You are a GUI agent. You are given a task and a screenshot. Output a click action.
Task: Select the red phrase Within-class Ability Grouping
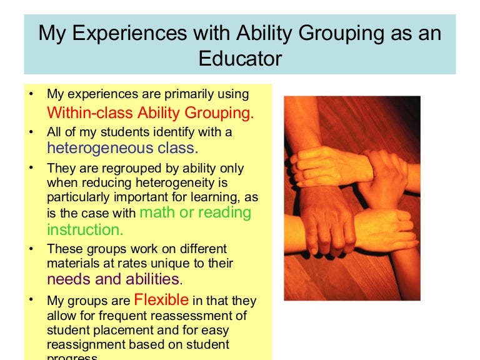(x=151, y=113)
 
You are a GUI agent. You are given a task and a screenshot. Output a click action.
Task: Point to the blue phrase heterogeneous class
(x=122, y=148)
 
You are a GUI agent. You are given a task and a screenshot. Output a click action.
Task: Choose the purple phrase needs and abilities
(x=113, y=279)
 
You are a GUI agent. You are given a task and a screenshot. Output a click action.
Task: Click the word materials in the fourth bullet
(x=72, y=264)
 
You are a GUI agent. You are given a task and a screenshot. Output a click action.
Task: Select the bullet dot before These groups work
(x=31, y=249)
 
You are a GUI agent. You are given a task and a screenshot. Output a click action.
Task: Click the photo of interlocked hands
(x=352, y=197)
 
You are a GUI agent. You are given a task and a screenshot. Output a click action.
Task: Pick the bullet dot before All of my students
(x=31, y=132)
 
